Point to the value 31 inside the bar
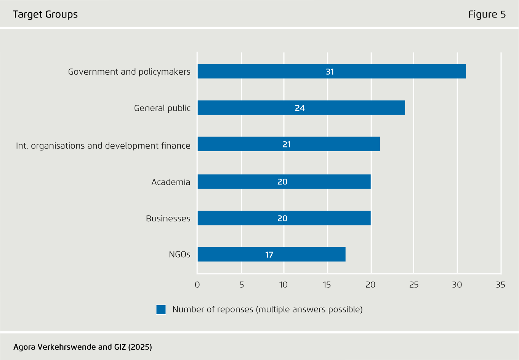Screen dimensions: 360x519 point(330,72)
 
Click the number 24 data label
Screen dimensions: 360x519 point(300,108)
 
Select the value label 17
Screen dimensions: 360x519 point(269,255)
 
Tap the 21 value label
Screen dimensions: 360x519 point(287,145)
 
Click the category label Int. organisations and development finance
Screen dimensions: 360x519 point(103,146)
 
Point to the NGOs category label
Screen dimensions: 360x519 point(179,254)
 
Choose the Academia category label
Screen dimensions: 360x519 point(171,182)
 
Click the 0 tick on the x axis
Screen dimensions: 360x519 point(197,285)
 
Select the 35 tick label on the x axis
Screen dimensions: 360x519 point(500,285)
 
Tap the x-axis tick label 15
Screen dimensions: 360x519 point(327,285)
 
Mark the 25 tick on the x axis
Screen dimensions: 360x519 point(414,285)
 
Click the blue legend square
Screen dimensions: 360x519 point(161,310)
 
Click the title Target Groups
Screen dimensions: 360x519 point(45,14)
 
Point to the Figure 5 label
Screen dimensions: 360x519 point(487,14)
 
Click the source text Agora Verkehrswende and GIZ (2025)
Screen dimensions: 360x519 point(83,347)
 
